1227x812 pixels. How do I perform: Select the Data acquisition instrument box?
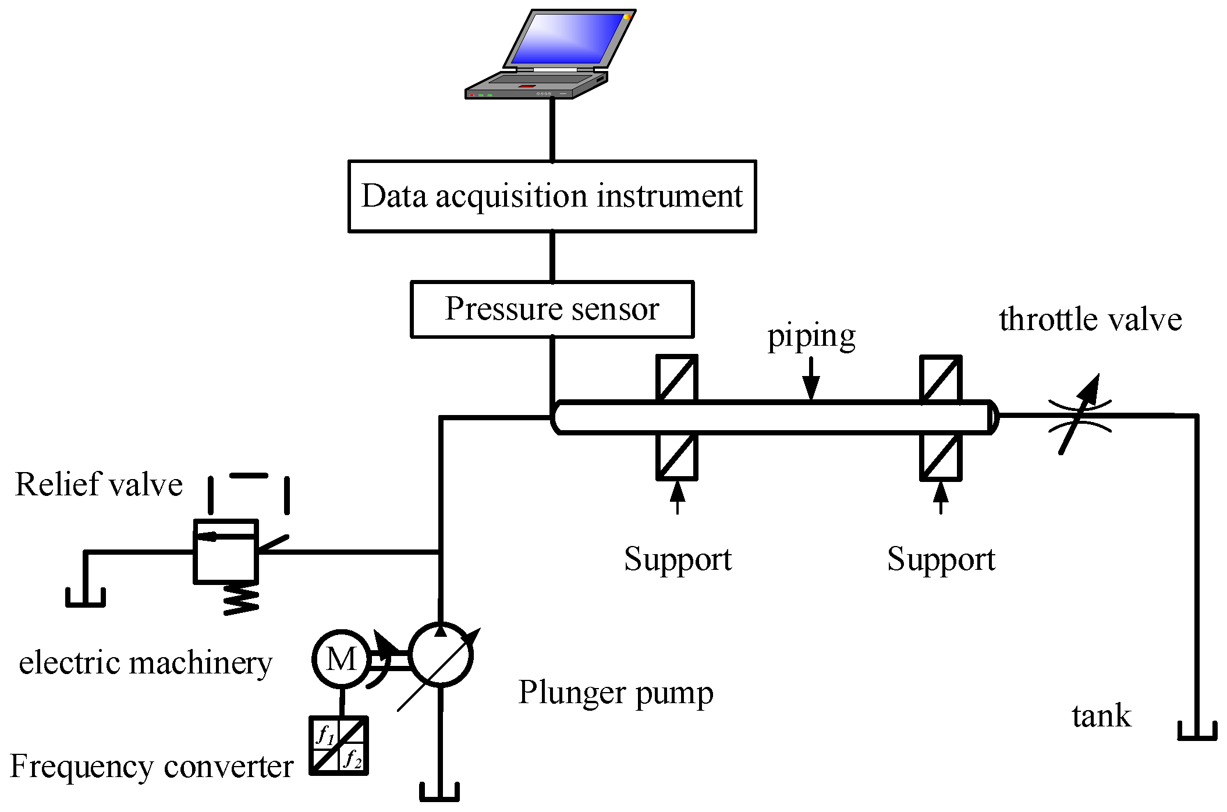(552, 196)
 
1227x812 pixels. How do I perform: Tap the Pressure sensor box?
(552, 309)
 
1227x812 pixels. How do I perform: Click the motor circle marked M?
(341, 659)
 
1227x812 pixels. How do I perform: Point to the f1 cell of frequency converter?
(325, 735)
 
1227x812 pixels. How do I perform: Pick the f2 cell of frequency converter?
(353, 758)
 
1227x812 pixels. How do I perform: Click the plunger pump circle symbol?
(441, 655)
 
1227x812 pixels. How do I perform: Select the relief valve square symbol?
(225, 551)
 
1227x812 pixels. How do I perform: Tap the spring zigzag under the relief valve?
(241, 600)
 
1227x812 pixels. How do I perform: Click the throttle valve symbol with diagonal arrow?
(1080, 415)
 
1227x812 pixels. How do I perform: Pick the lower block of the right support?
(941, 456)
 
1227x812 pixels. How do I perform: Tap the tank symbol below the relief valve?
(86, 598)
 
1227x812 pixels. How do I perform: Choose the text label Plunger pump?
(615, 693)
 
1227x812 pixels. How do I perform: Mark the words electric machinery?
(146, 663)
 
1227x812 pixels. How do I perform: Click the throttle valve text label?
(1090, 320)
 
